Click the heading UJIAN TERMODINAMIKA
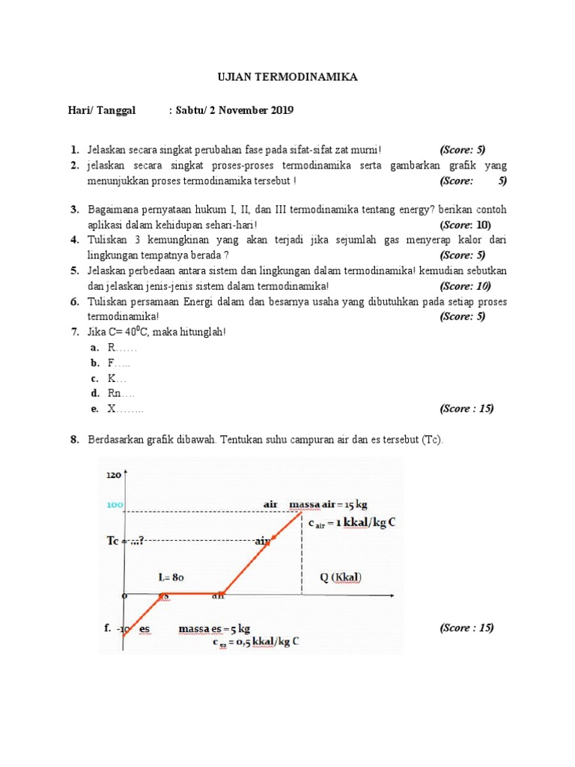287,77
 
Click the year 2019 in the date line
279,111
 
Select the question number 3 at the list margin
75,209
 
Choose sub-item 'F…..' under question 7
119,363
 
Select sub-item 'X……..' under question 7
125,409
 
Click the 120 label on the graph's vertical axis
114,475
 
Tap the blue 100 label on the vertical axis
114,506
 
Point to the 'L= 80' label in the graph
171,577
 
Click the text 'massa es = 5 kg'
214,628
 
